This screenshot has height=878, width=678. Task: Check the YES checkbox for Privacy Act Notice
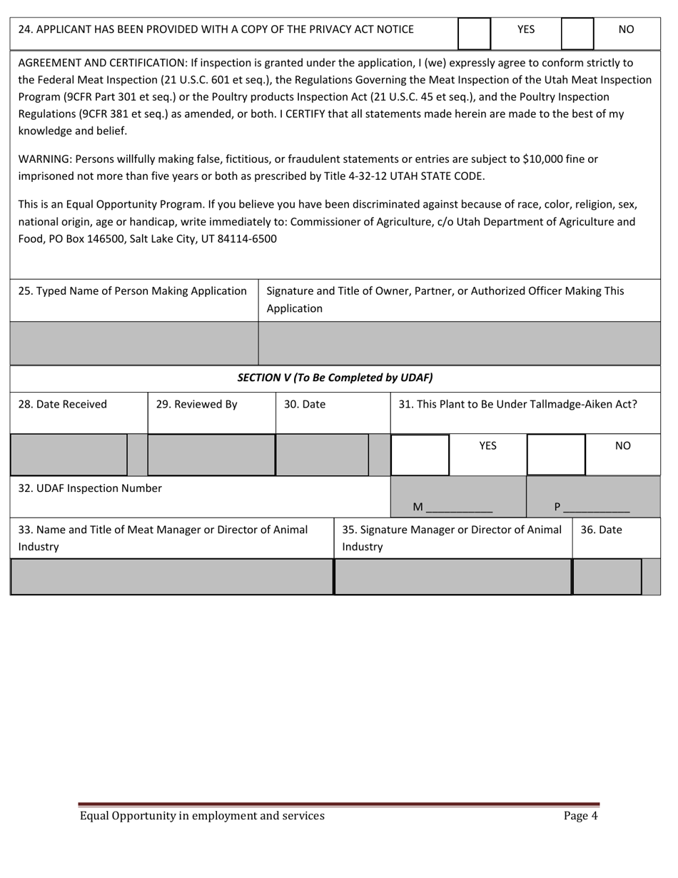[474, 34]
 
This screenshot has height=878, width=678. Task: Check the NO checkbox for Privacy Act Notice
[578, 34]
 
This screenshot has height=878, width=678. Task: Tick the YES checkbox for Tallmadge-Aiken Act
[420, 455]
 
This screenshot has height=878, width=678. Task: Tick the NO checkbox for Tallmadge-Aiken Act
[556, 455]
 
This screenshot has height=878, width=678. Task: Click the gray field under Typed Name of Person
[134, 343]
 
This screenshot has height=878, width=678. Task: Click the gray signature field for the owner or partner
[459, 343]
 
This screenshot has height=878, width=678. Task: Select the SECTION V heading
[335, 378]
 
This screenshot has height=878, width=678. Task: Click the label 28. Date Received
[62, 404]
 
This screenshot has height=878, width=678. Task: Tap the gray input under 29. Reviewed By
[211, 455]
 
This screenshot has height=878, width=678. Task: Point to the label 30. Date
[305, 404]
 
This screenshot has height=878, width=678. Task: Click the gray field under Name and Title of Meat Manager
[171, 577]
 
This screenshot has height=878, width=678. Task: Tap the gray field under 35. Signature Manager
[453, 577]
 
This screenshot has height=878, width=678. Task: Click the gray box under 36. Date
[607, 577]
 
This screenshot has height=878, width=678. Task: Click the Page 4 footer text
[580, 816]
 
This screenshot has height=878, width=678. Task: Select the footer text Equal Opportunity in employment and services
[202, 816]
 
